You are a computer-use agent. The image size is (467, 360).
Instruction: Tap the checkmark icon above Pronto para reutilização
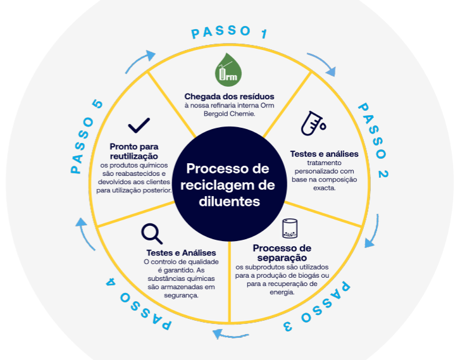coord(139,125)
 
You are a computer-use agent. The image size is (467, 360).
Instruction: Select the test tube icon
coord(313,123)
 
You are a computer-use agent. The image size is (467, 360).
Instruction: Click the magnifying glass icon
coord(152,233)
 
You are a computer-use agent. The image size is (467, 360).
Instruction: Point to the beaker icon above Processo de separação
coord(290,228)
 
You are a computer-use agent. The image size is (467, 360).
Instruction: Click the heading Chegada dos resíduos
coord(229,96)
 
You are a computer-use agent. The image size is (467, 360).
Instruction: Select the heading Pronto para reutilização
coord(134,151)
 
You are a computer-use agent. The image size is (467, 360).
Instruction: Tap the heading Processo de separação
coord(282,253)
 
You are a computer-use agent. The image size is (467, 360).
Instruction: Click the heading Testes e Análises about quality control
coord(181,253)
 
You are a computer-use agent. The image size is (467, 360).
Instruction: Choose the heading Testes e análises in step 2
coord(325,154)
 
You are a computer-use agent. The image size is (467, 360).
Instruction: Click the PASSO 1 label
coord(229,32)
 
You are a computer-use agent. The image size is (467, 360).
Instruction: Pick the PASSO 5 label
coord(86,137)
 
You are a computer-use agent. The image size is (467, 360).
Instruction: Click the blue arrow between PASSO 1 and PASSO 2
coord(323,62)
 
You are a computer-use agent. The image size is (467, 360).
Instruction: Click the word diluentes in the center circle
coord(229,201)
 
